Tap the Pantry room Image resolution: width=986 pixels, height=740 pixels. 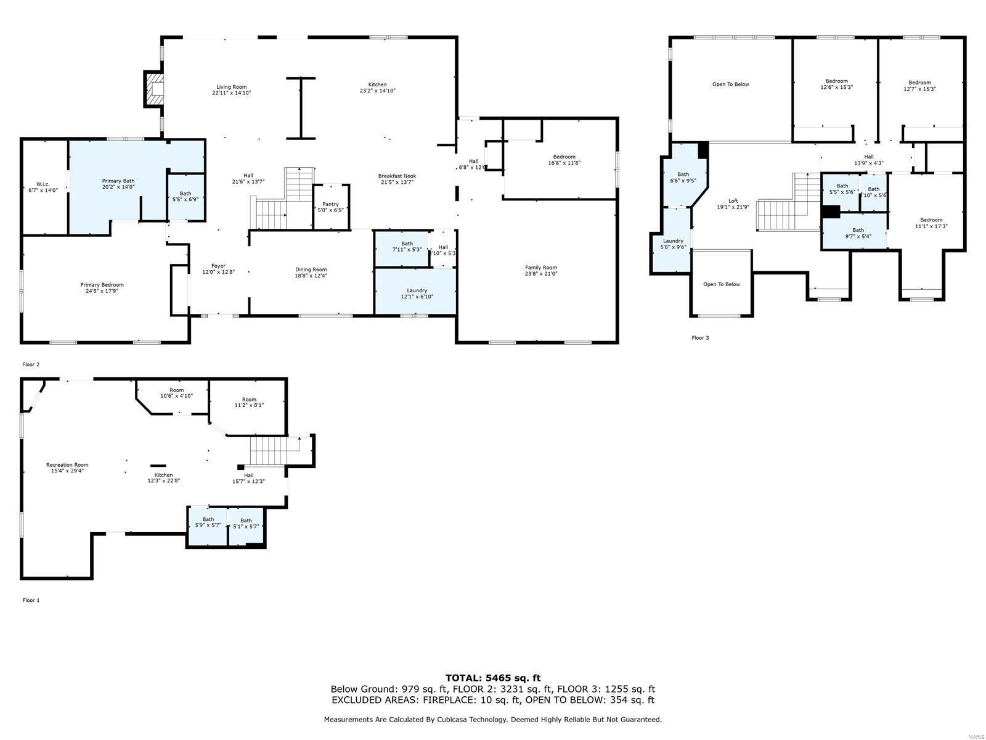(x=330, y=207)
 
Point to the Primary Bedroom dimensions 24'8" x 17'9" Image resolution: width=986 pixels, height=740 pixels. (x=102, y=290)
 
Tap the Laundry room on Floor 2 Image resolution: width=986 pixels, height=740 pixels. (x=417, y=293)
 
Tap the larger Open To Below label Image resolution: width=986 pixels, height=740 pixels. (x=730, y=84)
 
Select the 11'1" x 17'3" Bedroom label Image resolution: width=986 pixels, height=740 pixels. (x=931, y=223)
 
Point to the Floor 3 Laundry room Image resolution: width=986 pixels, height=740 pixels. (x=673, y=244)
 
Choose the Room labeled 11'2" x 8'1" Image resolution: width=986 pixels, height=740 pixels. (x=249, y=402)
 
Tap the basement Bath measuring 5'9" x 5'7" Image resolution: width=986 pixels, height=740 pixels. (x=208, y=522)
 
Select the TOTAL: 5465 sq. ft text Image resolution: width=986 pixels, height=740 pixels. (x=493, y=678)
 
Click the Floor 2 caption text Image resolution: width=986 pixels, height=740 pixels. (x=31, y=364)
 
